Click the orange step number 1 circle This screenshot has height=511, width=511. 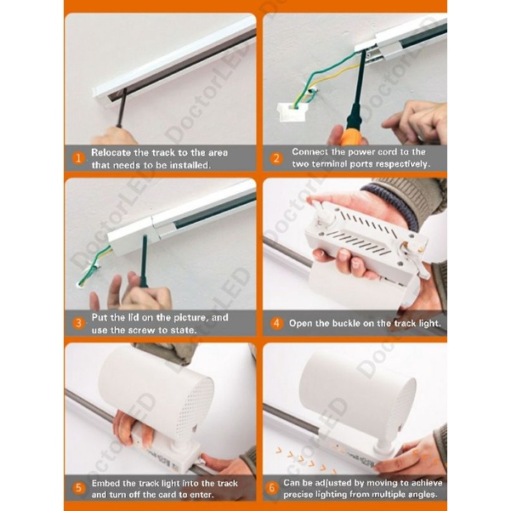(78, 158)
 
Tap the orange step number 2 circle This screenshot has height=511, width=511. (276, 158)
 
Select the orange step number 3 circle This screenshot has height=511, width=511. (78, 323)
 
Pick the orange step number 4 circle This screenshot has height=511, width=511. (276, 323)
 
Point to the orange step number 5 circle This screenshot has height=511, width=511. (78, 488)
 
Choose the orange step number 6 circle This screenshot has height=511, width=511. (271, 488)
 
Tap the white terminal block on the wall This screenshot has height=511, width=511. (291, 111)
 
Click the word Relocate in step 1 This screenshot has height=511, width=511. (111, 152)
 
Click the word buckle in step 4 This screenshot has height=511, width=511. (353, 323)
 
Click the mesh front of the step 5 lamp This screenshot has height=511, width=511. (196, 407)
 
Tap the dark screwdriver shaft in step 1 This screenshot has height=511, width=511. (122, 108)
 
